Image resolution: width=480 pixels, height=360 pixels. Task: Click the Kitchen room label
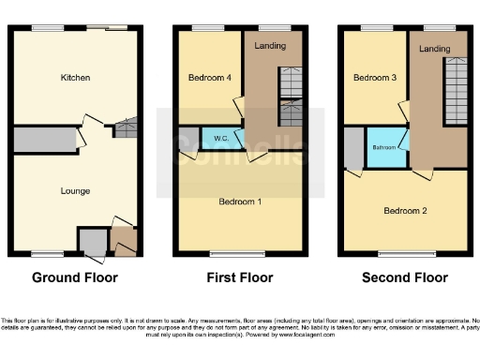pyautogui.click(x=75, y=77)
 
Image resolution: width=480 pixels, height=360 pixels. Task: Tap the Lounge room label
pyautogui.click(x=75, y=191)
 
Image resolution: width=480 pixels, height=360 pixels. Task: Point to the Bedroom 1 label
pyautogui.click(x=240, y=202)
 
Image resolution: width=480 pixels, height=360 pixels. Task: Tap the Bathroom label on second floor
pyautogui.click(x=382, y=148)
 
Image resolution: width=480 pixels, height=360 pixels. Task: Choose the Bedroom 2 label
pyautogui.click(x=405, y=211)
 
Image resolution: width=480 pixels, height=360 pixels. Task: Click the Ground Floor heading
pyautogui.click(x=75, y=277)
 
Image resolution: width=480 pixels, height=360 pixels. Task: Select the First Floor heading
pyautogui.click(x=240, y=277)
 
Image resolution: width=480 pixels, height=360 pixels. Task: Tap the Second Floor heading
pyautogui.click(x=405, y=277)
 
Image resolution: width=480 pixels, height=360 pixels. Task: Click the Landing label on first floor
pyautogui.click(x=272, y=45)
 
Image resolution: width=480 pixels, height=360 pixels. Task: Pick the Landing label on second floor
pyautogui.click(x=434, y=48)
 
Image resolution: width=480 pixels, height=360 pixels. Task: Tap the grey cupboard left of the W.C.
pyautogui.click(x=188, y=139)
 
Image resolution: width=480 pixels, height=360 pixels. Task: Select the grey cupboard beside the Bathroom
pyautogui.click(x=352, y=147)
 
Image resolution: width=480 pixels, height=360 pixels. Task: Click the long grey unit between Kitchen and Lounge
pyautogui.click(x=44, y=142)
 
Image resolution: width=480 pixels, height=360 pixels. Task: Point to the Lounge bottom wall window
pyautogui.click(x=47, y=253)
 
